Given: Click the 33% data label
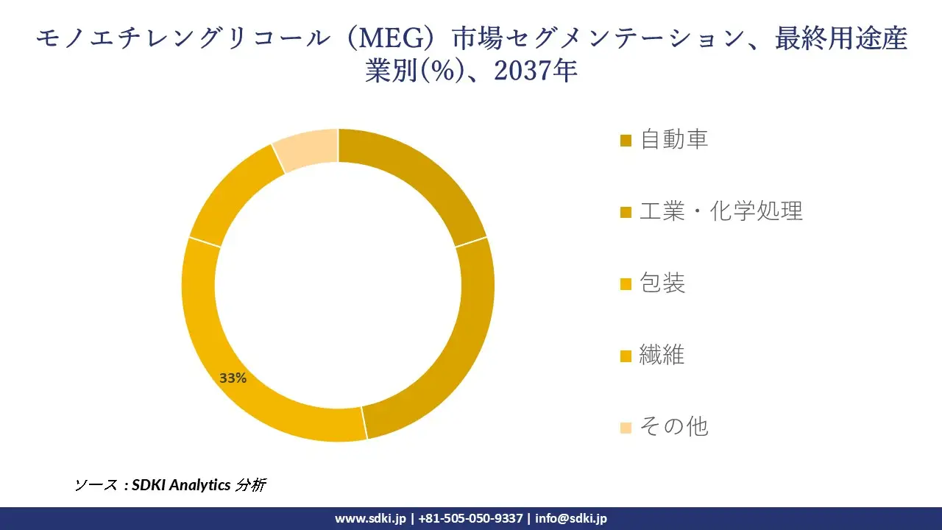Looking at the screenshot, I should coord(233,378).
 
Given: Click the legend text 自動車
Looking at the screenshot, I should coord(674,139).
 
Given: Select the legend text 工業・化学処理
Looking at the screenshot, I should coord(720,211).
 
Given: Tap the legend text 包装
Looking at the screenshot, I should coord(662,283).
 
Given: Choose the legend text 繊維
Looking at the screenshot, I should coord(662,355).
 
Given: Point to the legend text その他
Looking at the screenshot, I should coord(673,426).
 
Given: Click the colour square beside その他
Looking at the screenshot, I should coord(626,427).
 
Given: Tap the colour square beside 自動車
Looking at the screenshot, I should coord(626,140).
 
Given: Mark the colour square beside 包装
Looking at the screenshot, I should coord(626,283).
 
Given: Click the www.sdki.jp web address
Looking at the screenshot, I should coord(370,518).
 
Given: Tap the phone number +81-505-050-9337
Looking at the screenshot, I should coord(470,518).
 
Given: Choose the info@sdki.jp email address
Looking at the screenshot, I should coord(571,518).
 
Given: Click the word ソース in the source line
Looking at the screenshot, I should coord(96,485).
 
